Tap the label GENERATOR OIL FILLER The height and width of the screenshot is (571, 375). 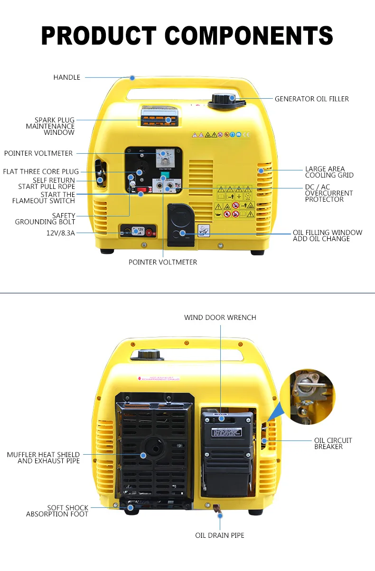coord(311,99)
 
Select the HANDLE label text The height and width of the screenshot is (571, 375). coord(67,77)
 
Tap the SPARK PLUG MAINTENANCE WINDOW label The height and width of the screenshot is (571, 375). coord(51,126)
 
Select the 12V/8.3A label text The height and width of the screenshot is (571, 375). coord(60,233)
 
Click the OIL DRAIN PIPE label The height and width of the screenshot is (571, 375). coord(220,535)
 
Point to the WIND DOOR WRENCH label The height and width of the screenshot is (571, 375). coord(220,318)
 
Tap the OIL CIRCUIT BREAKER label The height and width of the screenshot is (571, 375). coord(333,443)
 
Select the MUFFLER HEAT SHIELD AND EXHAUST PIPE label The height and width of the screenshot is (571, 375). coord(44,458)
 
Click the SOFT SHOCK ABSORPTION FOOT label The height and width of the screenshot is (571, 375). coord(57,511)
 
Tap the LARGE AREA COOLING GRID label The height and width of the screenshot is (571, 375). coord(329,172)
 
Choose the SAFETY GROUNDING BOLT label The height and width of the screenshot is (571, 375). coord(46,219)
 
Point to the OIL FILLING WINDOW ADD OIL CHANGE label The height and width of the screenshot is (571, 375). coord(327,235)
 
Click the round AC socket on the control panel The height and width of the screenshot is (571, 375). coord(140,172)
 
